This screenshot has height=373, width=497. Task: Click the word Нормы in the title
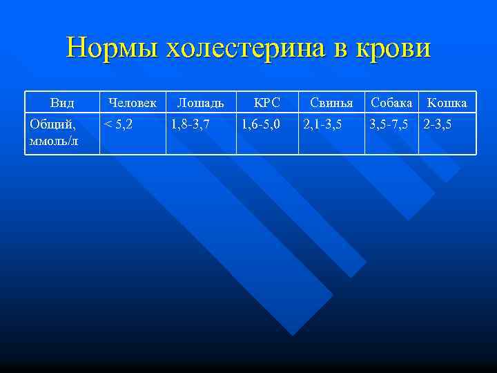click(111, 48)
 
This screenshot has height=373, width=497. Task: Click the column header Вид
click(62, 103)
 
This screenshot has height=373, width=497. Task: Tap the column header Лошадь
click(200, 103)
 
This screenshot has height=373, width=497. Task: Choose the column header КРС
click(266, 103)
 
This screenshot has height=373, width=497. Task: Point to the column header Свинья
click(331, 103)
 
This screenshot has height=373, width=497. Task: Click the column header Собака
click(391, 103)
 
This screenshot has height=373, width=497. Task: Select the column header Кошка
click(447, 103)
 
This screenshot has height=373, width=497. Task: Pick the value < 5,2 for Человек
click(118, 124)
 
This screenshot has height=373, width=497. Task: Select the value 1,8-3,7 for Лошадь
click(190, 124)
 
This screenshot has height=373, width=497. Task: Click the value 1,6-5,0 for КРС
click(260, 124)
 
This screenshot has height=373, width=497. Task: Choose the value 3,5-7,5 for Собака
click(389, 124)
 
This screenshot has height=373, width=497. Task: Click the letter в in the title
click(338, 50)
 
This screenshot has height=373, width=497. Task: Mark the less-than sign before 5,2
click(107, 125)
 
